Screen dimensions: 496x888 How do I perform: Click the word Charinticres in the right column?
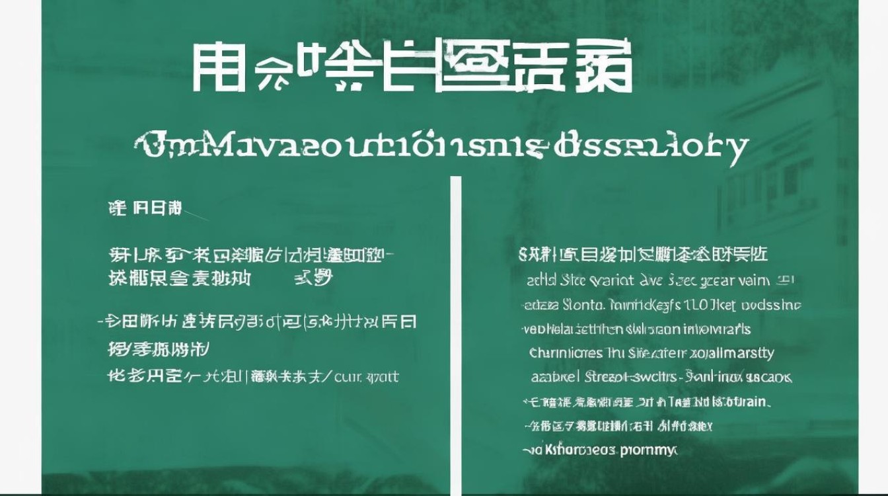point(566,353)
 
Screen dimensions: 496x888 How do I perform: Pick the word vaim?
point(755,280)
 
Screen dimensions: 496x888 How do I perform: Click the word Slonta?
point(582,305)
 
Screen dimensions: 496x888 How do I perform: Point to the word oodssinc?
point(772,305)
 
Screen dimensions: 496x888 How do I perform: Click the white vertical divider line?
point(455,331)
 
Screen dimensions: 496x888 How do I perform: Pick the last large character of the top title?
point(604,68)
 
